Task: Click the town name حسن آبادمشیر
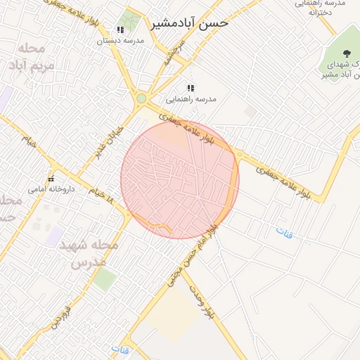click(x=190, y=23)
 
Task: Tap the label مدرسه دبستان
click(x=120, y=41)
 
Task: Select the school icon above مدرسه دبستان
click(x=120, y=30)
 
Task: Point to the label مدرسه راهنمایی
click(x=191, y=99)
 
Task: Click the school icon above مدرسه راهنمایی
click(x=191, y=88)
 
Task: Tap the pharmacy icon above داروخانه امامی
click(x=51, y=178)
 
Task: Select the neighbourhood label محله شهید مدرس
click(x=92, y=254)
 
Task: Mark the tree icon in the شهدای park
click(x=346, y=53)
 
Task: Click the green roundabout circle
click(x=141, y=98)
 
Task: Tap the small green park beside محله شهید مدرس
click(x=105, y=279)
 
